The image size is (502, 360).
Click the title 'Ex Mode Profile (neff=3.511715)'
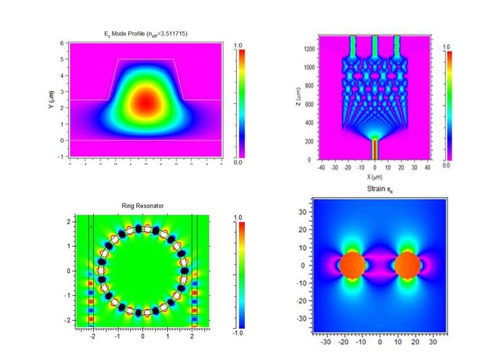click(x=145, y=34)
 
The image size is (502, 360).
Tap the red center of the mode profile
click(x=146, y=102)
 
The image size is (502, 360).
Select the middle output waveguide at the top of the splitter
click(x=374, y=46)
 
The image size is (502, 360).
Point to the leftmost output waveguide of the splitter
click(x=353, y=46)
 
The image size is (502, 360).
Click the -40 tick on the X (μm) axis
click(x=321, y=167)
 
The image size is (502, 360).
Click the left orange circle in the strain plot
click(x=353, y=265)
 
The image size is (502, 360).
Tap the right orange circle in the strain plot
click(x=408, y=265)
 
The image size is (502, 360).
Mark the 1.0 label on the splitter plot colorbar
click(x=446, y=47)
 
